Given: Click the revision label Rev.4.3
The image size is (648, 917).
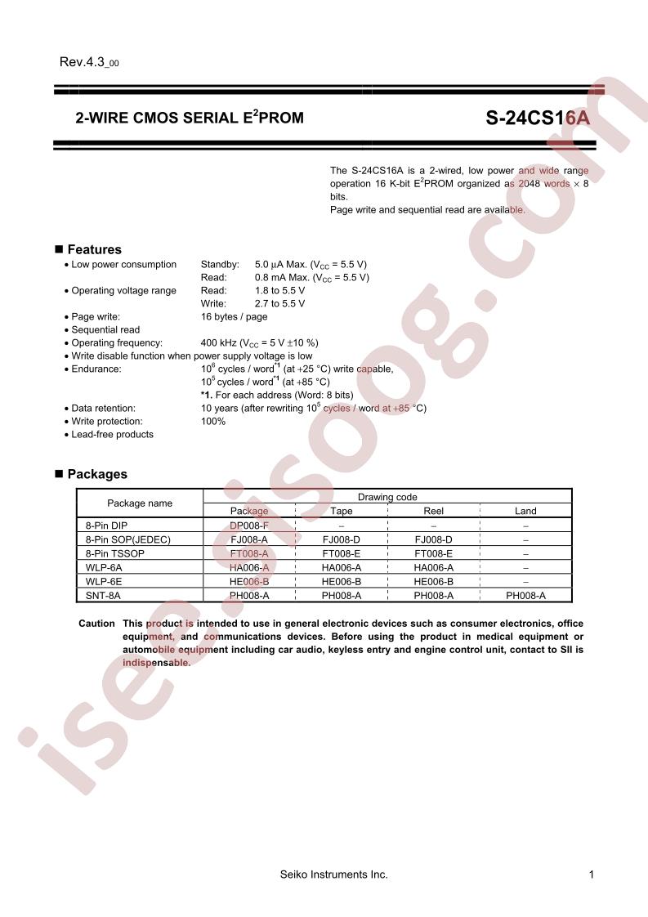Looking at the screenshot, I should (88, 63).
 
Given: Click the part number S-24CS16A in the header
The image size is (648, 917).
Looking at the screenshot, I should (537, 118).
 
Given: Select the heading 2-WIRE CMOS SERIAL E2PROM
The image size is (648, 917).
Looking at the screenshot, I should (189, 118).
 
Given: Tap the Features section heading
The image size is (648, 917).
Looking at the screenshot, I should (94, 249).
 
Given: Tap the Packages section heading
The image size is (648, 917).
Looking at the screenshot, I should (97, 474).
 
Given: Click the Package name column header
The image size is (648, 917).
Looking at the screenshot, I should (140, 503).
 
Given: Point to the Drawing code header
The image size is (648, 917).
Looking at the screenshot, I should (387, 497).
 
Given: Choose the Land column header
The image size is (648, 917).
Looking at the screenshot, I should (525, 511).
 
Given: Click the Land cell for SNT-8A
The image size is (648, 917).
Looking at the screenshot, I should (525, 596).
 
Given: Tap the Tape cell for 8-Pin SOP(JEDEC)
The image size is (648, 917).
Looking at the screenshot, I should (342, 540).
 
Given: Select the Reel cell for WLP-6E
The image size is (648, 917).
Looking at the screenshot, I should (433, 582).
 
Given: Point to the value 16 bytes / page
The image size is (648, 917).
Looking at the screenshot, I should (234, 316).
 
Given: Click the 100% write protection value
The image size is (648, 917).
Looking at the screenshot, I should (213, 421).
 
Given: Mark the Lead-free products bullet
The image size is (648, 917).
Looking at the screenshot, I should (112, 434).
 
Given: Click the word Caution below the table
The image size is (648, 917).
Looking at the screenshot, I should (96, 624).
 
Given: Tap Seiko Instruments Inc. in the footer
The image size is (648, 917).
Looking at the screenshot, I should (333, 875).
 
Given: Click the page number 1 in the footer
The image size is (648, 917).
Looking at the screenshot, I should (591, 875).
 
